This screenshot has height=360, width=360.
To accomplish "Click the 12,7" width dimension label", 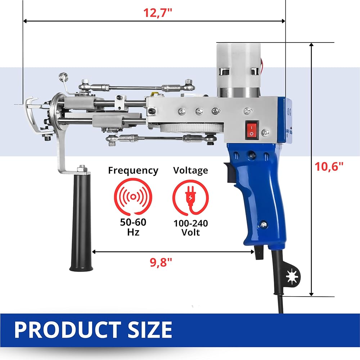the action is (x=158, y=13).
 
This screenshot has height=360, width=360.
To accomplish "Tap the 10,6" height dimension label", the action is (x=329, y=166).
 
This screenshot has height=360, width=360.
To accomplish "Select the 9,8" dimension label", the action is (x=161, y=262).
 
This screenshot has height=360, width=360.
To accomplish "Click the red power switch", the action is (x=252, y=130).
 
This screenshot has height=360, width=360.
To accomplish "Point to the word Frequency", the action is (x=133, y=171).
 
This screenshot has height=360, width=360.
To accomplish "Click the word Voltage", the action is (x=190, y=170).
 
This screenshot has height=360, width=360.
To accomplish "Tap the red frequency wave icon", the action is (x=133, y=197).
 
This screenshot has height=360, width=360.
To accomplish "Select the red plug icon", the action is (x=190, y=197).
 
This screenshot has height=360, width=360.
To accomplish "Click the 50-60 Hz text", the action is (x=133, y=227).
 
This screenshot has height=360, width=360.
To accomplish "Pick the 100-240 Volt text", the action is (x=190, y=228).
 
